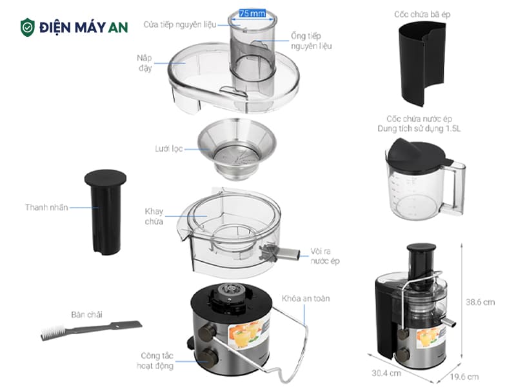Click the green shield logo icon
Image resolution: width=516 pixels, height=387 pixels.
(28, 27)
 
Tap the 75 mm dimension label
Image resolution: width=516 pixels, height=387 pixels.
(252, 14)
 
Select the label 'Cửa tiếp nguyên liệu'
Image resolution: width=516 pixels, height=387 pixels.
(180, 25)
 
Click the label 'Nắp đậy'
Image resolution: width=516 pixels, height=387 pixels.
(144, 63)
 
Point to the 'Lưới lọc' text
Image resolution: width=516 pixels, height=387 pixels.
(169, 149)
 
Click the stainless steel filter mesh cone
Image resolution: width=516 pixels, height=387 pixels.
(237, 149)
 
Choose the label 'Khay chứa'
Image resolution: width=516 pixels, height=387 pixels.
(154, 216)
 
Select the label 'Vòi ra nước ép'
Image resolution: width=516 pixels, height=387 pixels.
(325, 256)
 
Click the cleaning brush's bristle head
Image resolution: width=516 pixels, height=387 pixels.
(53, 332)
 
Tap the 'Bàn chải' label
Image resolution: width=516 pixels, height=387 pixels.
(86, 315)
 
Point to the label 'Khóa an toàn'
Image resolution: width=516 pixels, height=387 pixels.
(306, 299)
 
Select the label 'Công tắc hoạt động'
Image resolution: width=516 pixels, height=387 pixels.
(155, 361)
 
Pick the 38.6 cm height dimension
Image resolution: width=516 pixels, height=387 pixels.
(480, 302)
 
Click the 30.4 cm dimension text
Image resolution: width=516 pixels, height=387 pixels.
(386, 373)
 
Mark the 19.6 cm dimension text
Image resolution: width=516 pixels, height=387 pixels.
(464, 377)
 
